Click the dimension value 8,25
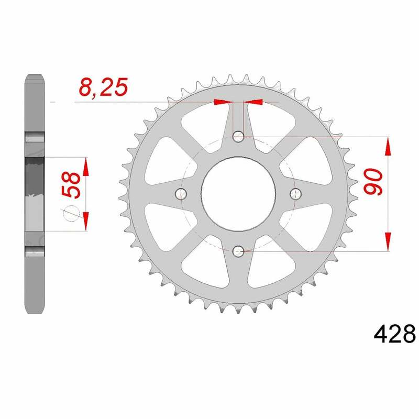pyautogui.click(x=103, y=87)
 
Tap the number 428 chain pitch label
pyautogui.click(x=394, y=334)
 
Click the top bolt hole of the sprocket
pyautogui.click(x=238, y=138)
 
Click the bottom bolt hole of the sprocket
pyautogui.click(x=238, y=251)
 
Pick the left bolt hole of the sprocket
pyautogui.click(x=182, y=194)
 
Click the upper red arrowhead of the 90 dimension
pyautogui.click(x=388, y=147)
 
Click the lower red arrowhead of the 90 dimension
pyautogui.click(x=388, y=241)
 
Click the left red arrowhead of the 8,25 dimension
pyautogui.click(x=222, y=102)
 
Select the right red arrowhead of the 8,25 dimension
pyautogui.click(x=253, y=102)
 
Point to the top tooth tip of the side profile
pyautogui.click(x=34, y=77)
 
